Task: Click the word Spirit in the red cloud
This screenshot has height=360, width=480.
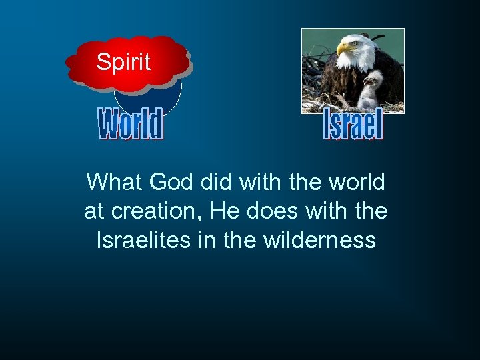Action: [123, 62]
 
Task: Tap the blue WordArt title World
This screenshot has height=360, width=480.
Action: [131, 125]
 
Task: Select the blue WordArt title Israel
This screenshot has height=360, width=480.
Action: [353, 125]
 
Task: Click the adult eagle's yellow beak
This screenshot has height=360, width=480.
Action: [343, 49]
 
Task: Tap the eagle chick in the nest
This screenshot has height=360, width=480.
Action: [371, 90]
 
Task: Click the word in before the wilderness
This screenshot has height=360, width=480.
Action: [207, 239]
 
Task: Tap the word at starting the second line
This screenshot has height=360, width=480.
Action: [94, 211]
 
